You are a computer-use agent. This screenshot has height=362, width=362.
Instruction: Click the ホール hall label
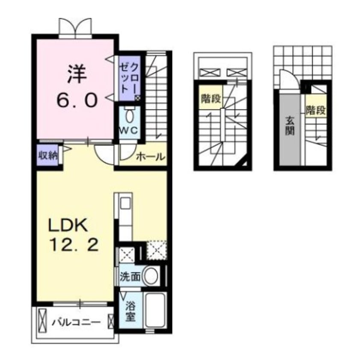150,157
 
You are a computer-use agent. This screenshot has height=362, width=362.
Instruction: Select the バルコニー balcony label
76,322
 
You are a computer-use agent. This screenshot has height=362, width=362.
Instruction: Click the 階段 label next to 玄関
315,111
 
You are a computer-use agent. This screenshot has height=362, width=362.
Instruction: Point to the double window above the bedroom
76,28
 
